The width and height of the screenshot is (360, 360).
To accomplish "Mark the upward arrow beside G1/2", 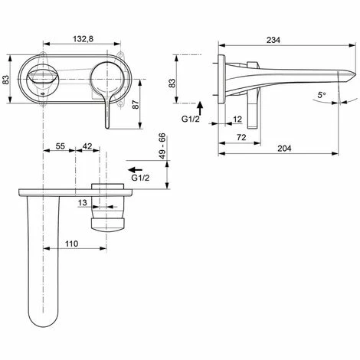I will click(201, 107).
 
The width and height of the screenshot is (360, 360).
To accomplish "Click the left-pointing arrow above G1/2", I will click(136, 167).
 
